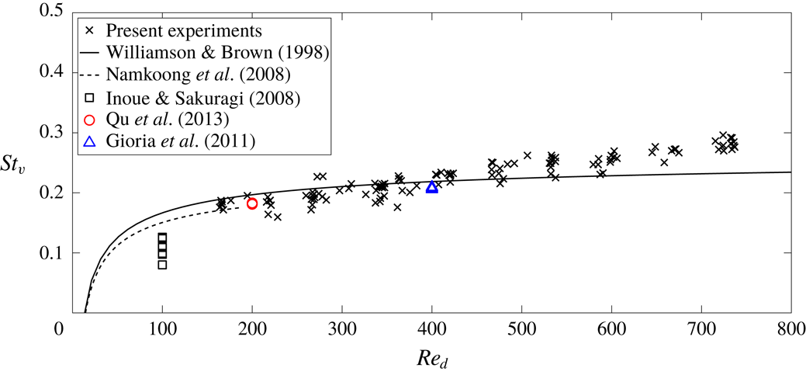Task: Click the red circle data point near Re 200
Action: click(252, 203)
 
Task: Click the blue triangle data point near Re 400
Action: click(432, 187)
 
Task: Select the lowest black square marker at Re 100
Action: click(162, 265)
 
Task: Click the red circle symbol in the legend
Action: click(90, 120)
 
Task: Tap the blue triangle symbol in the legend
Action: click(90, 142)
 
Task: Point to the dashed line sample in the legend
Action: click(90, 76)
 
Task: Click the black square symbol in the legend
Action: click(90, 98)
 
